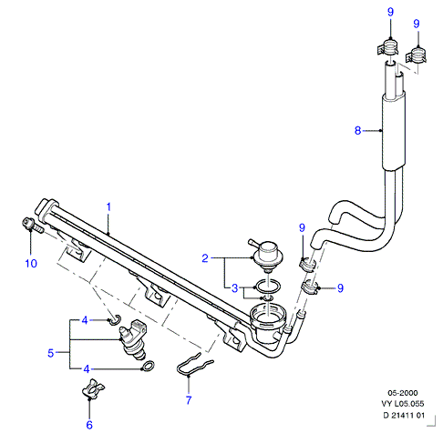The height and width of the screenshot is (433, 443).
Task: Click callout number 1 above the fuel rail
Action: click(x=108, y=207)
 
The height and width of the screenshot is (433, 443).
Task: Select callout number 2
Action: click(x=205, y=258)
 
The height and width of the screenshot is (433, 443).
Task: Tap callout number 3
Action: click(x=234, y=287)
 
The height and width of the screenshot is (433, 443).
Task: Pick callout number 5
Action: click(x=50, y=353)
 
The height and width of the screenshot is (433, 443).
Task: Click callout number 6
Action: click(x=89, y=425)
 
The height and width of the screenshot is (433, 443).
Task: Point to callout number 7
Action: click(x=189, y=400)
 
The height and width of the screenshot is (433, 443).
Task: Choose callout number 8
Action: click(x=357, y=130)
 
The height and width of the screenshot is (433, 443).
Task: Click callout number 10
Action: click(x=31, y=263)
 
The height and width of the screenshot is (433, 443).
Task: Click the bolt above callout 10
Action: click(x=33, y=226)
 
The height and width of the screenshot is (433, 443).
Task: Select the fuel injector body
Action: click(x=133, y=339)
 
